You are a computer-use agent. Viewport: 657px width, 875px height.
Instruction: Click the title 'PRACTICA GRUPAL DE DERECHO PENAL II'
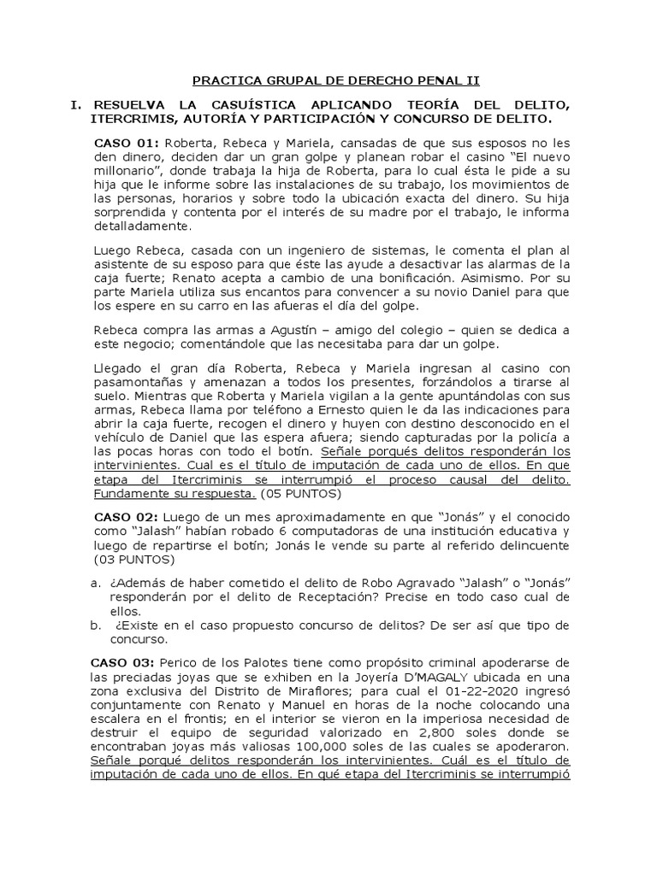coord(336,80)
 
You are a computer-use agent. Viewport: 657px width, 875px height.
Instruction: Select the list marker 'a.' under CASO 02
coord(96,582)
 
